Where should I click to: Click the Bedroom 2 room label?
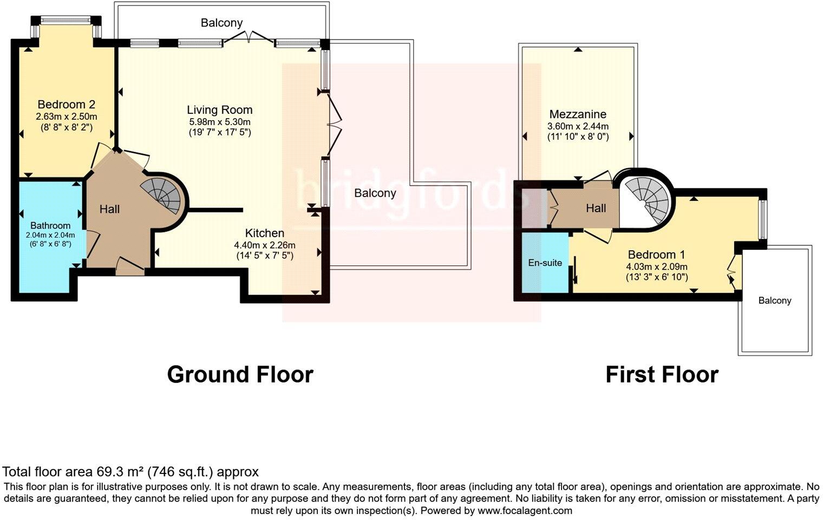67,105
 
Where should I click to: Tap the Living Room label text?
220,110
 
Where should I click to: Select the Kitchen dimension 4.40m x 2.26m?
264,244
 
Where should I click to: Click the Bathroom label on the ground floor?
50,225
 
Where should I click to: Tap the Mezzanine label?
578,114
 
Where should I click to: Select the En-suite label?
545,263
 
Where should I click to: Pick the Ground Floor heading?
240,375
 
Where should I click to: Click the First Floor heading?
662,375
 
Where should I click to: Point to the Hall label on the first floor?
596,208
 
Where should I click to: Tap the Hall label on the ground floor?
109,209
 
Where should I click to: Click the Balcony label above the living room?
221,23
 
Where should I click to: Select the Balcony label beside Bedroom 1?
774,301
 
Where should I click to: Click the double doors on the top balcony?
249,38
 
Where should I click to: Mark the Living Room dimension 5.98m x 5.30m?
219,122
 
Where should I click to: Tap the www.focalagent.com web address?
525,510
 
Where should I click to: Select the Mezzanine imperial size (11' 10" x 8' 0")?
578,137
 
